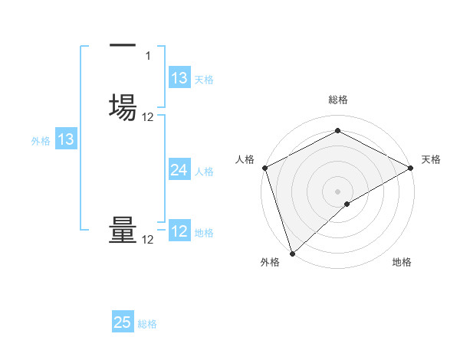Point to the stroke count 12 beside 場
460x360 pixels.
coord(148,116)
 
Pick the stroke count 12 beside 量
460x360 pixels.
coord(148,240)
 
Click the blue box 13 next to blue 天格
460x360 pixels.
coord(179,78)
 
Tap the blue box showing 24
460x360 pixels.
coord(179,170)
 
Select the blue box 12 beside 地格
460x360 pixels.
coord(179,231)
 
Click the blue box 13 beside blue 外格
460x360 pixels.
coord(66,139)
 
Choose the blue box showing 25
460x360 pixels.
coord(123,322)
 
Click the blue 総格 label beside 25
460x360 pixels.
coord(147,324)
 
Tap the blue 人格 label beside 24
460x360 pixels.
coord(205,172)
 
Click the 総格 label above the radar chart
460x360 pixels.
coord(338,100)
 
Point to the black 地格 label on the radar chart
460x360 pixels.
coord(402,263)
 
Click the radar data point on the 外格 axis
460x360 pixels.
coord(292,253)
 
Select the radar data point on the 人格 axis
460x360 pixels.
coord(264,168)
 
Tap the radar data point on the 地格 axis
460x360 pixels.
coord(347,204)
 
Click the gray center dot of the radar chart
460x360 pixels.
coord(338,191)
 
